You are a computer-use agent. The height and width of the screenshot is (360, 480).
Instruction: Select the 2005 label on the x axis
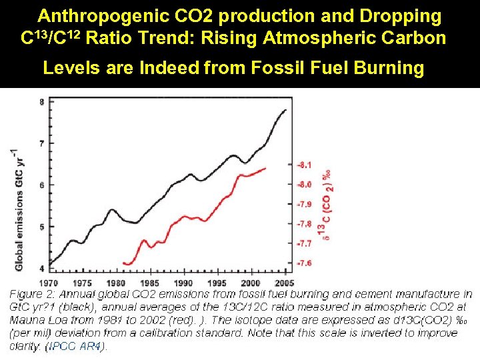285,283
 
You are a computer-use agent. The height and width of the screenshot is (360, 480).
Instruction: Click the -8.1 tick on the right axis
304,164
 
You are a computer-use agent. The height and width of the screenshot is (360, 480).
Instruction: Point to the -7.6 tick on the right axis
304,263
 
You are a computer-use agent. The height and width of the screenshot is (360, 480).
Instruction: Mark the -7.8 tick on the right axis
304,224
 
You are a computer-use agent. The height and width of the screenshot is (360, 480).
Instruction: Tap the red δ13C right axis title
327,203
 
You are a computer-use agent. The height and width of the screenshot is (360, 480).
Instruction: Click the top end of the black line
287,110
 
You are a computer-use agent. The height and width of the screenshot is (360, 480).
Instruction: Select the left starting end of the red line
124,263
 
